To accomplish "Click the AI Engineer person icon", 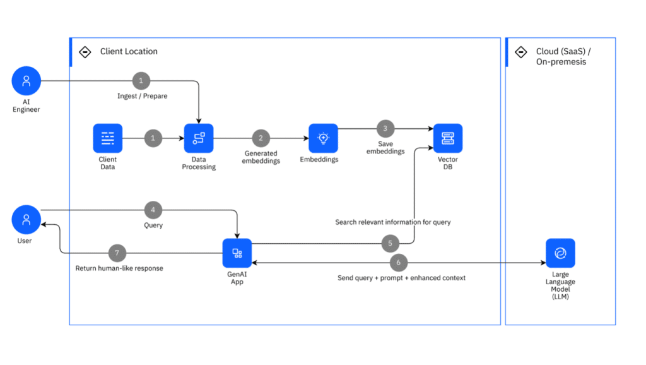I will click(26, 81).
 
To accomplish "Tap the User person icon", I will click(26, 219).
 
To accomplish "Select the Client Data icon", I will click(107, 138).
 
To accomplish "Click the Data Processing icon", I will click(199, 138).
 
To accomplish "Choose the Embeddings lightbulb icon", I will click(323, 138).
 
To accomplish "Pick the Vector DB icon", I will click(448, 138).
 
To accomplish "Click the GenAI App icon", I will click(237, 253).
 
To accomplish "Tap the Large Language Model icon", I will click(560, 253).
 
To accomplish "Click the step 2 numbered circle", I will click(261, 138).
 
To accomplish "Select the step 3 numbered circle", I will click(385, 128).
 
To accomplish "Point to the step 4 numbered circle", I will click(153, 210).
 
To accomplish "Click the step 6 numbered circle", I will click(398, 262).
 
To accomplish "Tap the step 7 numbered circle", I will click(117, 253).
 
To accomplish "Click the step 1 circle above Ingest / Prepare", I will click(141, 81).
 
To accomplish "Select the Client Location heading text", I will click(129, 52).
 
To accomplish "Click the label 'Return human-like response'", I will click(119, 268).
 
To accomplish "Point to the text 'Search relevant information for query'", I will click(392, 222).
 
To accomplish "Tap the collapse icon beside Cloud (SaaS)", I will click(521, 52).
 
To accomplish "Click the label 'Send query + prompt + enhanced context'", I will click(401, 278).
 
